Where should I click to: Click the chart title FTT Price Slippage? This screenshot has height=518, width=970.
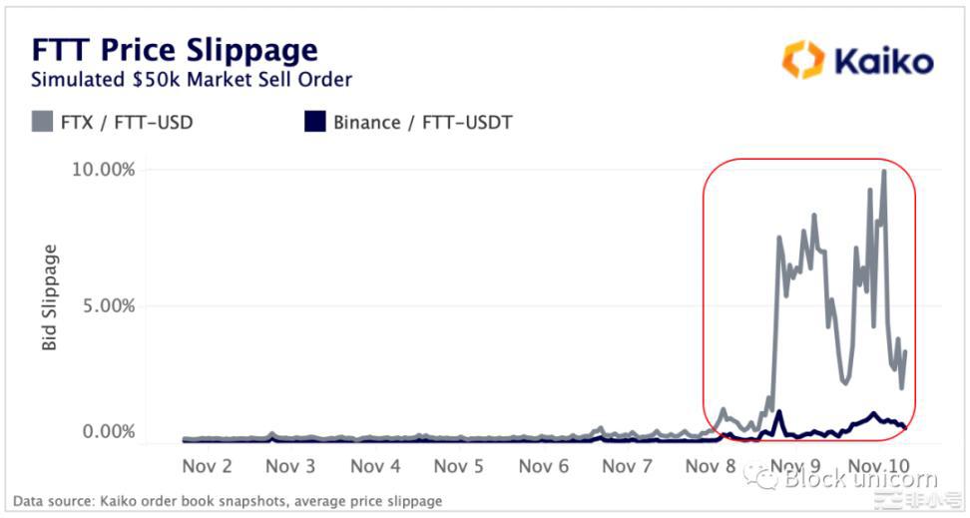tap(175, 50)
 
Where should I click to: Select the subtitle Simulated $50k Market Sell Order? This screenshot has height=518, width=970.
tap(192, 80)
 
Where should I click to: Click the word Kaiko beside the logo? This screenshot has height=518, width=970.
tap(883, 61)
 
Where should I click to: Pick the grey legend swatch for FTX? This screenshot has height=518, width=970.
tap(41, 124)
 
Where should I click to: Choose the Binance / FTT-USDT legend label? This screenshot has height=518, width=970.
tap(423, 124)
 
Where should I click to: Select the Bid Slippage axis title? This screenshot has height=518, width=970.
tap(50, 296)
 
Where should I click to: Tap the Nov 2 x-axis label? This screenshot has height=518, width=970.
tap(208, 466)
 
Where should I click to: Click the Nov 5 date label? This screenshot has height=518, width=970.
tap(459, 466)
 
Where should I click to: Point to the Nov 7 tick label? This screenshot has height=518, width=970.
tap(628, 466)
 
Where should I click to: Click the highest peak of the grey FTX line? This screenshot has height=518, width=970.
tap(883, 172)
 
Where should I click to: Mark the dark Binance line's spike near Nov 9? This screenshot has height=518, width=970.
tap(778, 412)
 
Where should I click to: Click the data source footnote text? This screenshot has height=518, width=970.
tap(228, 501)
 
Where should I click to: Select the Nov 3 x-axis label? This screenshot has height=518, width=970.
tap(291, 466)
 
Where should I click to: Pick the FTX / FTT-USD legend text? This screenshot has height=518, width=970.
tap(126, 124)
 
